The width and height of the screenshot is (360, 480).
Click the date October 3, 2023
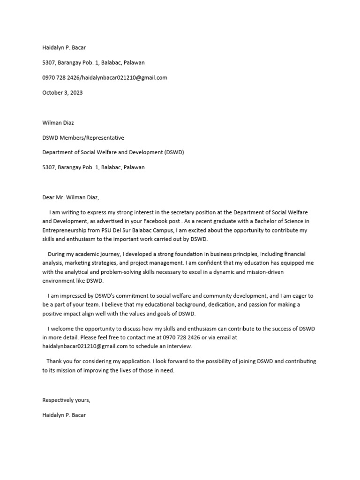tap(62, 93)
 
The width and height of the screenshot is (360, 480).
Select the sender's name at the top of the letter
tap(64, 47)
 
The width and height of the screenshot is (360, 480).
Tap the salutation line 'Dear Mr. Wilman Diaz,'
tap(71, 197)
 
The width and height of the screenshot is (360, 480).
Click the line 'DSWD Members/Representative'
tap(83, 138)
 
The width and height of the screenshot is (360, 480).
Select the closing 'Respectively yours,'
tap(66, 400)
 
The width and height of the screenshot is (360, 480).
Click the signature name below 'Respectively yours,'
tap(64, 415)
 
